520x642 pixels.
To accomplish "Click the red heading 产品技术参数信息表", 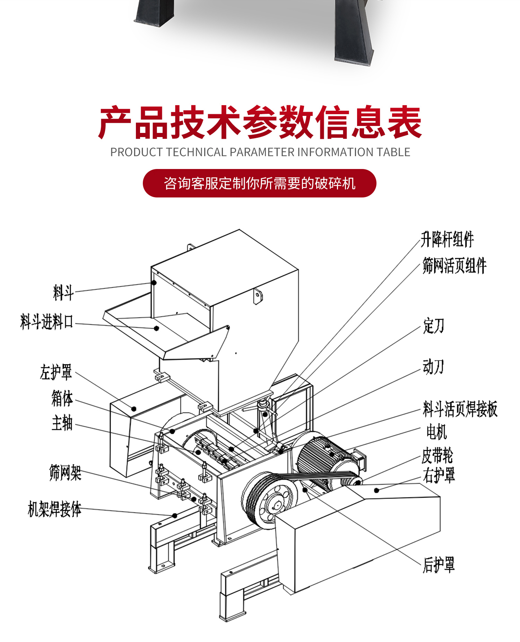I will point(260,122).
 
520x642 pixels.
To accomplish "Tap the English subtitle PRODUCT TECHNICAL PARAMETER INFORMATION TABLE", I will point(260,152).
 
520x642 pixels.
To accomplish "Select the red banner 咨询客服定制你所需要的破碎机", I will point(259,183).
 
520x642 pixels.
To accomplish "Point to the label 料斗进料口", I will point(47,322).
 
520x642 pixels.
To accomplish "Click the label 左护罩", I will point(56,372).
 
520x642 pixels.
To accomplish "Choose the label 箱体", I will point(62,398).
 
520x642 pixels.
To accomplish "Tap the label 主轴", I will point(62,423).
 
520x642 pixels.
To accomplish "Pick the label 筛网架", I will point(65,473).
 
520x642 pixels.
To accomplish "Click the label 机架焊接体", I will point(54,509).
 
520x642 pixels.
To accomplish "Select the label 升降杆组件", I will point(447,239).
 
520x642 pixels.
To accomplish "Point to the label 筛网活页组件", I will point(454,266).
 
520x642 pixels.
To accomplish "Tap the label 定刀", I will point(433,326).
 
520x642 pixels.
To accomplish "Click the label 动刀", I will point(433,367).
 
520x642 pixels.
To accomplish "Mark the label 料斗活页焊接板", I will point(460,409).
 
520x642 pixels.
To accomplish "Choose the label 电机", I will point(436,432).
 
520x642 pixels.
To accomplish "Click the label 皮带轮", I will point(437,455).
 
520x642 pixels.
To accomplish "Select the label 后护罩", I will point(439,565).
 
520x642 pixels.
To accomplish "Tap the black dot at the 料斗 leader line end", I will point(154,283).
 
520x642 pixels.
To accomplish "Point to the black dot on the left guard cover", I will point(134,409).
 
